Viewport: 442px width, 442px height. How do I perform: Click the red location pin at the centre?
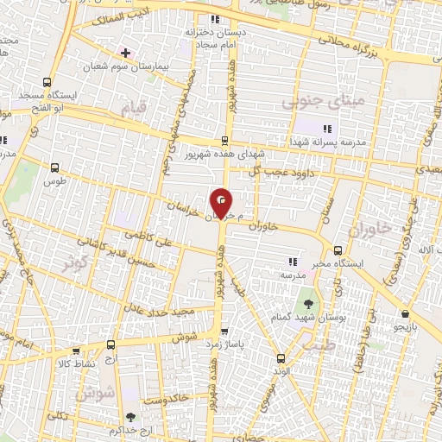pyautogui.click(x=223, y=204)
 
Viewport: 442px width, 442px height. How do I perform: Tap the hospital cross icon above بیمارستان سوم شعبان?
pyautogui.click(x=126, y=52)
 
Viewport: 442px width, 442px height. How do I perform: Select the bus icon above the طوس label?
pyautogui.click(x=56, y=168)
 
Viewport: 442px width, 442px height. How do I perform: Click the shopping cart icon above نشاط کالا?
pyautogui.click(x=76, y=351)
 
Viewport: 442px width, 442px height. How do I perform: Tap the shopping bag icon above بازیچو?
pyautogui.click(x=405, y=314)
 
